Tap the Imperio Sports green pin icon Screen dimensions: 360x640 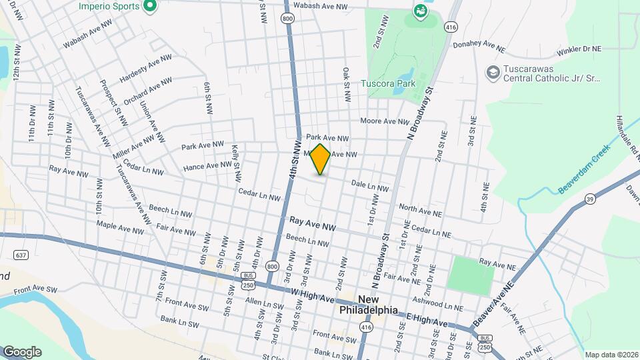coord(150,7)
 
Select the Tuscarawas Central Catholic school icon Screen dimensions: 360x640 coord(493,72)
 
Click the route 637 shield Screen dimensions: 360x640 coord(21,255)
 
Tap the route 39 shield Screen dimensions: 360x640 coord(590,198)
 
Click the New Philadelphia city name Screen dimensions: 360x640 coord(369,305)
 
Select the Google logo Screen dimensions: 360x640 coord(22,352)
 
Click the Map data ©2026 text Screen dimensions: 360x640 coord(611,355)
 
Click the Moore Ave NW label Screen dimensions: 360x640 coord(384,121)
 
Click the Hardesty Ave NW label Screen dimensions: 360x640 coord(145,69)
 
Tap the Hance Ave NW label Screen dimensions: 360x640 coord(207,165)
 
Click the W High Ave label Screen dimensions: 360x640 coord(312,295)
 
